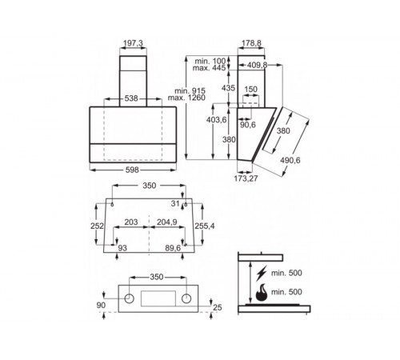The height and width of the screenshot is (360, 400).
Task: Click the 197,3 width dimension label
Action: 133,42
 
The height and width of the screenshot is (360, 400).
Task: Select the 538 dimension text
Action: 131,98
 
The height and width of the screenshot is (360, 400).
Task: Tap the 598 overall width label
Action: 132,170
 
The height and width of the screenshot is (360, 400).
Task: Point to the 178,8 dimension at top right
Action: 251,42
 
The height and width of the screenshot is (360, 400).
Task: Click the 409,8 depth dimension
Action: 257,65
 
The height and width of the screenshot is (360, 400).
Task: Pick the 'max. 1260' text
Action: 186,98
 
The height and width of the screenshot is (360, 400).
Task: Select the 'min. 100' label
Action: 210,61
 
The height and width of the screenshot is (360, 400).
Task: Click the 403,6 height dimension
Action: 216,120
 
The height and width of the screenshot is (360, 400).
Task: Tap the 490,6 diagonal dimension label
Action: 290,160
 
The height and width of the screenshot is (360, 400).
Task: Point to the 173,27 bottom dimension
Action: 246,178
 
